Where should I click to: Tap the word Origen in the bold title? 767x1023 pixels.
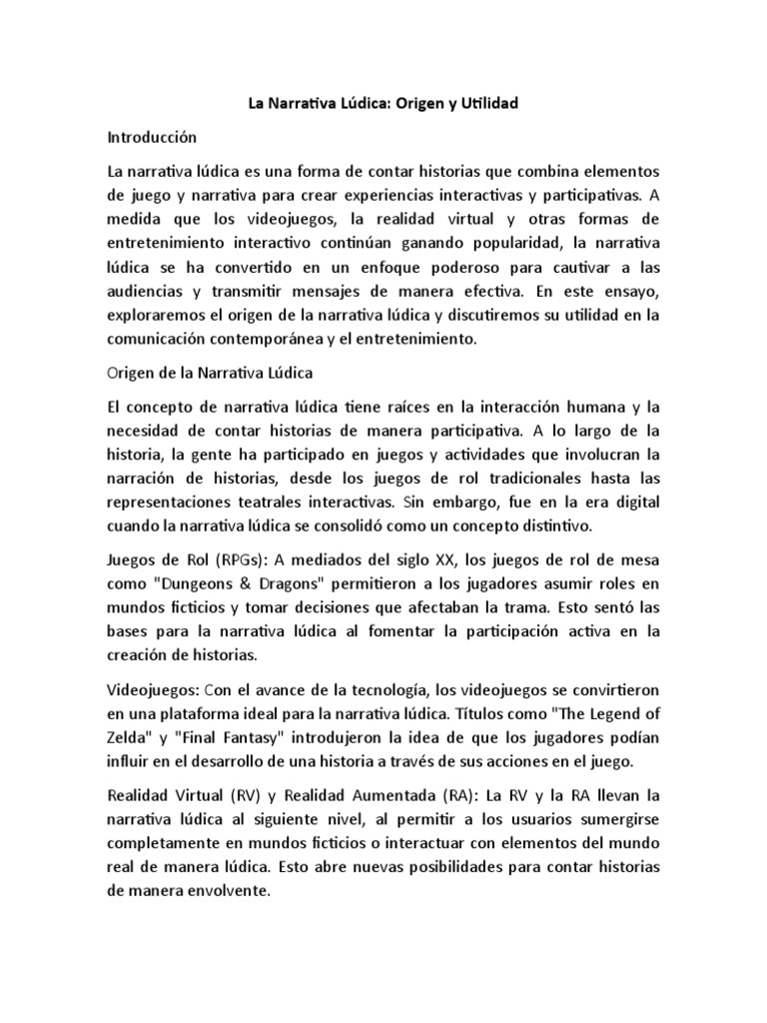point(395,103)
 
